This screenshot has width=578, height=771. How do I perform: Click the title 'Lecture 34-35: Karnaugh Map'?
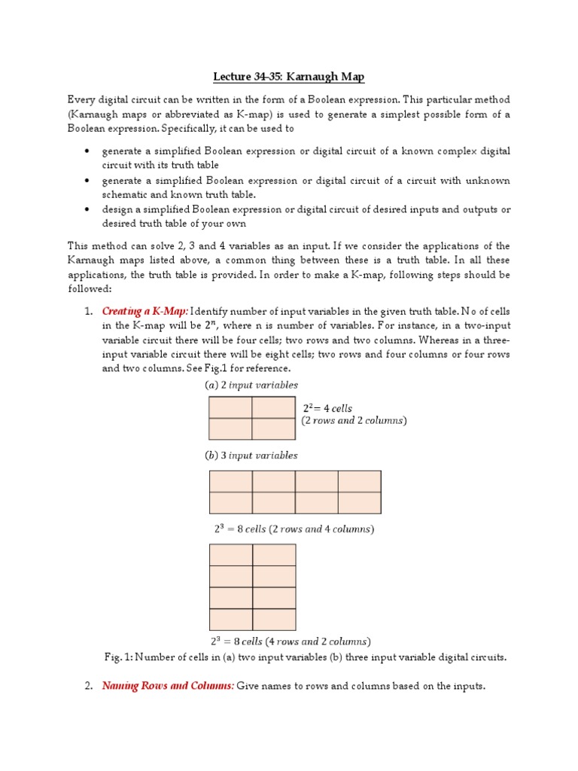[289, 78]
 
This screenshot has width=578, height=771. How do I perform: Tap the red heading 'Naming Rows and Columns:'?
[168, 686]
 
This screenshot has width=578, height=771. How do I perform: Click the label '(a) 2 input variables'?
[251, 385]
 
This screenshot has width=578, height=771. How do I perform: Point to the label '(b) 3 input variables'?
[251, 456]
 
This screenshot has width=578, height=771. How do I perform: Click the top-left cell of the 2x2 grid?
[230, 407]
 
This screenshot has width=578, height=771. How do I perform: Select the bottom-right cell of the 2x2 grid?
[274, 428]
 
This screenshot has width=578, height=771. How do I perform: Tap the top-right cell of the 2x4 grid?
[360, 481]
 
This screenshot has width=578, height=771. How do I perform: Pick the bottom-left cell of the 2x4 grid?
[230, 502]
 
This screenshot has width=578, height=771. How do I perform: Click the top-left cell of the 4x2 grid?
[230, 555]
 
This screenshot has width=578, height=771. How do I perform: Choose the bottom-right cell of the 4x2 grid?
[274, 619]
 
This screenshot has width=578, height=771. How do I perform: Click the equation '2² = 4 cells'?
[327, 408]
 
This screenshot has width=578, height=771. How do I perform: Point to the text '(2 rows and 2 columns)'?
[354, 420]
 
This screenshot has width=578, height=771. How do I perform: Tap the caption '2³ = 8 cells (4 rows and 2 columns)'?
[291, 641]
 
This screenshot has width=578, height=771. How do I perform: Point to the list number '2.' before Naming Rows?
[88, 686]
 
